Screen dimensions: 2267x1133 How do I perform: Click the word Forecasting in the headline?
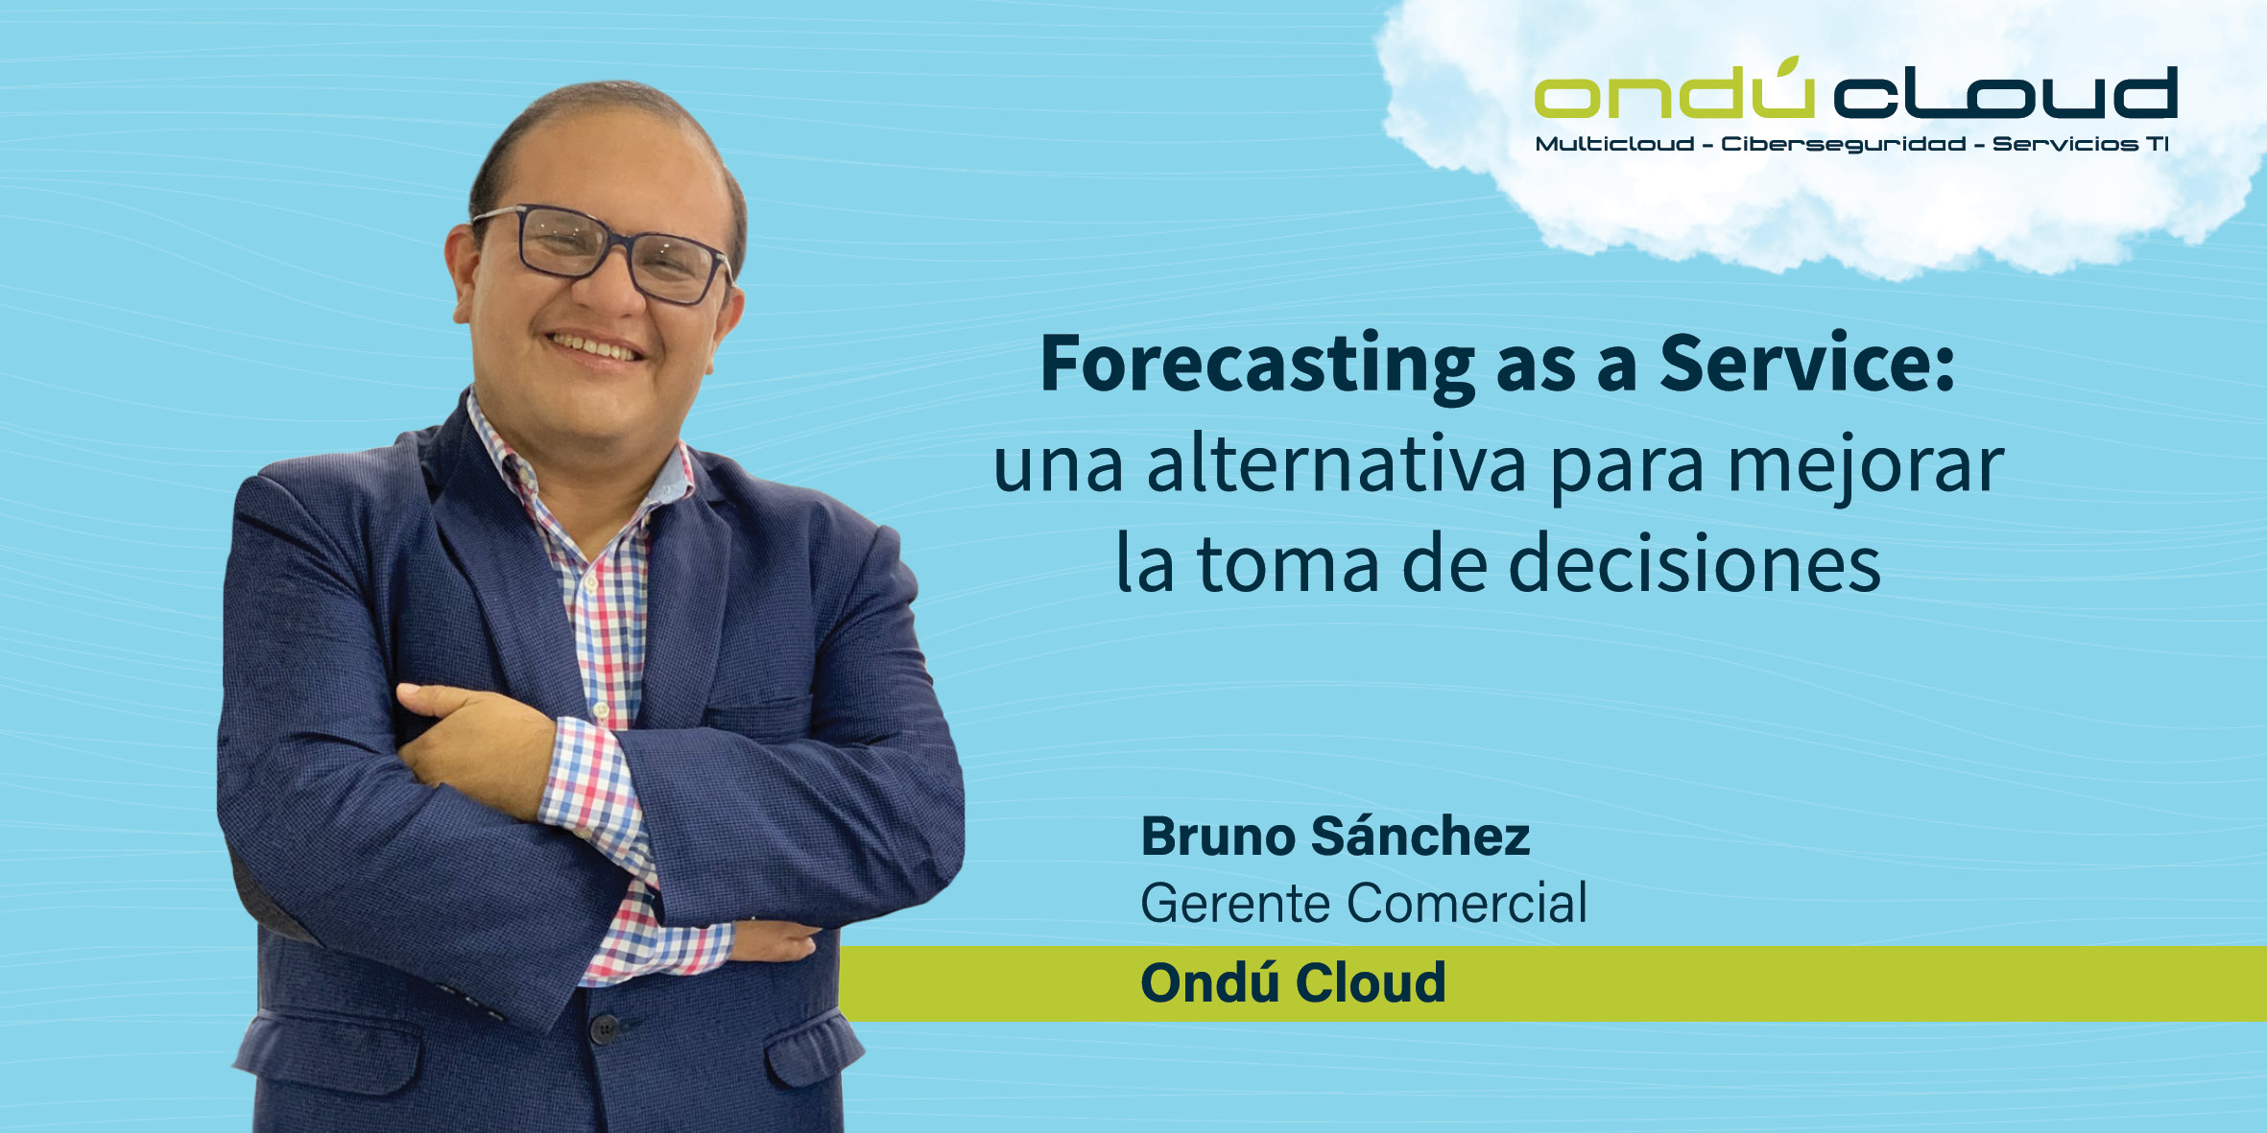coord(1257,366)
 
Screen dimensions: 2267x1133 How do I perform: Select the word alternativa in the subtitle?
coord(1336,464)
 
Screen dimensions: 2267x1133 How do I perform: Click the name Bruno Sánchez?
coord(1335,837)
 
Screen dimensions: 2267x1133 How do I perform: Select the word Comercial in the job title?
coord(1467,904)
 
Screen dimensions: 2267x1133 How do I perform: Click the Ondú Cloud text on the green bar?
coord(1293,982)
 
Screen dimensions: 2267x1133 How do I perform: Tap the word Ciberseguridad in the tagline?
coord(1843,145)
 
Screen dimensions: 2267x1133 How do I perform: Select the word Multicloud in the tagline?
coord(1614,144)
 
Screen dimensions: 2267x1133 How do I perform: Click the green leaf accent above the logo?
coord(1787,65)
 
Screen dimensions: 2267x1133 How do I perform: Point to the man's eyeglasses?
coord(603,253)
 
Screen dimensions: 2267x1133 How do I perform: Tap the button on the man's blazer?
coord(604,1029)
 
